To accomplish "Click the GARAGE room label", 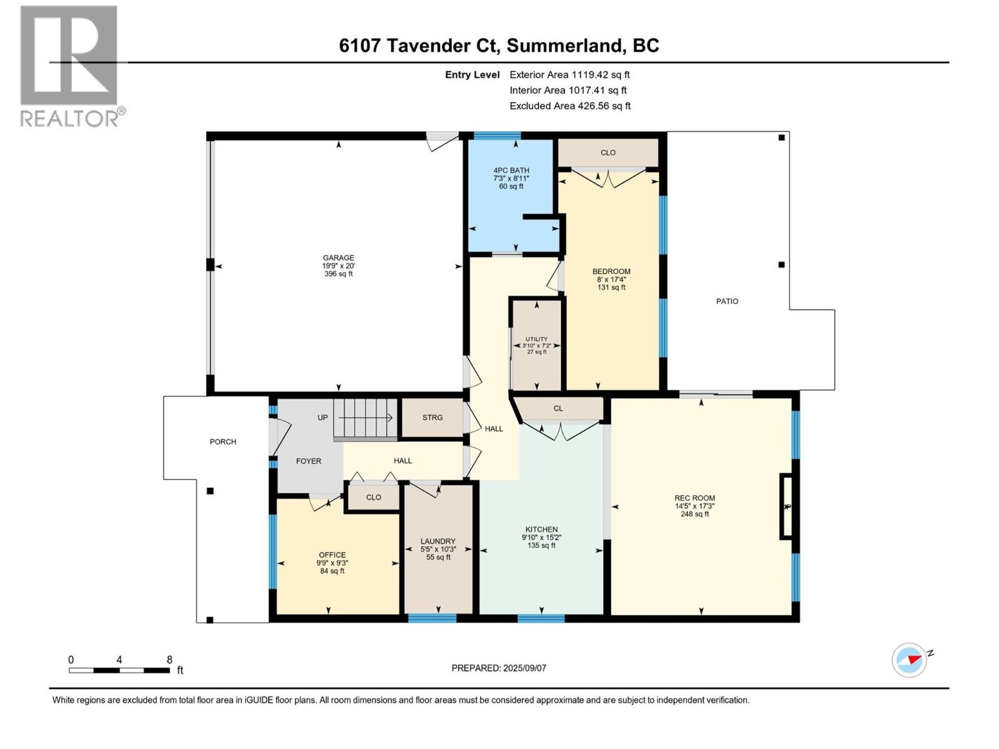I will pos(338,258).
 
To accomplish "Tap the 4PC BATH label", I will pos(511,170).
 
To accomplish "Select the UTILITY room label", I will pos(536,340).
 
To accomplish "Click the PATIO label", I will pos(727,301).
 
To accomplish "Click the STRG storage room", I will pos(432,418).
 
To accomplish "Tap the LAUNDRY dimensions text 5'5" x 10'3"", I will pos(438,549).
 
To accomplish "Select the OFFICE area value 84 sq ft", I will pos(332,571).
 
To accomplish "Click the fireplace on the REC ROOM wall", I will pos(787,506).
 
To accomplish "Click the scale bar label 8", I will pos(169,660).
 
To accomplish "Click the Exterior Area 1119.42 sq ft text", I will pos(569,75).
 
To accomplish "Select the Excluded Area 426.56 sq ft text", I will pos(569,106).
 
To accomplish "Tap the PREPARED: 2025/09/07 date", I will pos(499,668).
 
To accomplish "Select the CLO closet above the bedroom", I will pos(608,153).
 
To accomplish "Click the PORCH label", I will pos(223,442).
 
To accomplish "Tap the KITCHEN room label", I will pos(541,529).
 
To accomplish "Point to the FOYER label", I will pos(308,461).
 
